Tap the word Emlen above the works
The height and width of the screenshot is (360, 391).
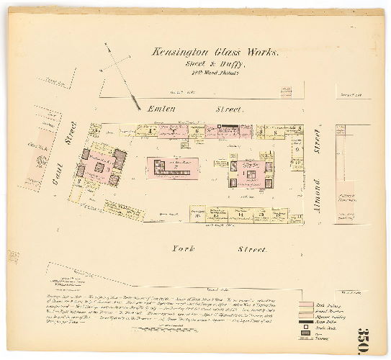(x=161, y=109)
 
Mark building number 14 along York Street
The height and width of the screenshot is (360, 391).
(x=241, y=214)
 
